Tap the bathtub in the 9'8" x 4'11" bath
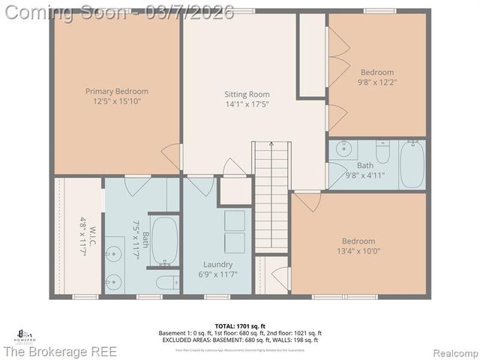click(x=412, y=164)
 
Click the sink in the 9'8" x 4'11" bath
click(x=343, y=148)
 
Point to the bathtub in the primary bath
click(x=164, y=240)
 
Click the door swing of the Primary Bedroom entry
click(x=172, y=156)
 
